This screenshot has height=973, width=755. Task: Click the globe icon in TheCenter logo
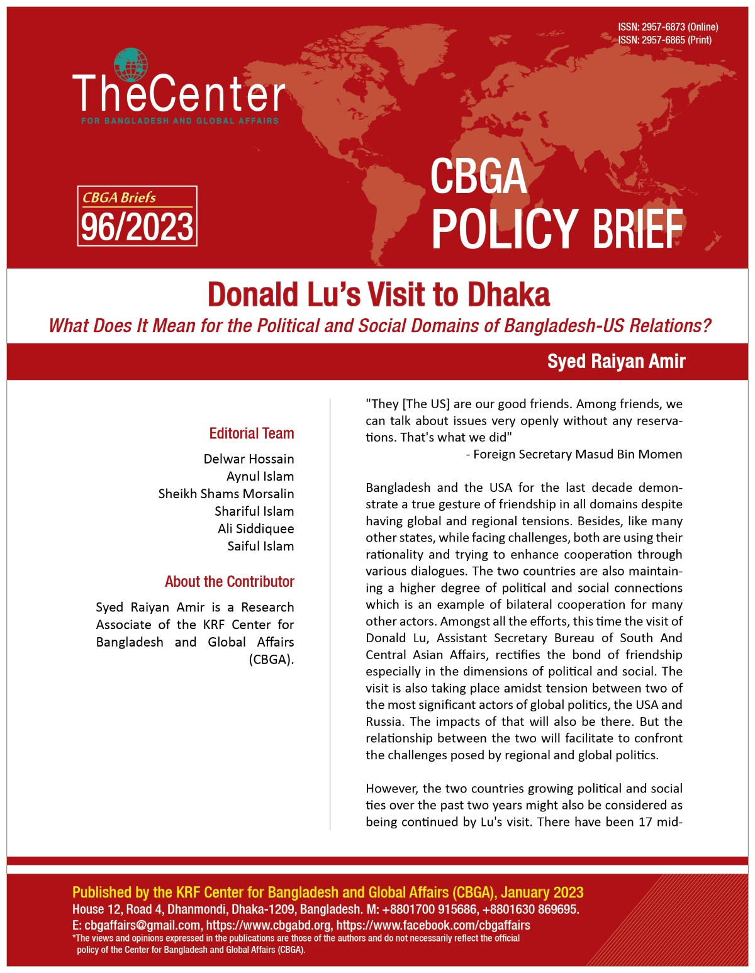[x=130, y=65]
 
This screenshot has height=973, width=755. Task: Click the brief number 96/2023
[x=137, y=227]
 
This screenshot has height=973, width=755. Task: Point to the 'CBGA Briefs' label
[x=119, y=197]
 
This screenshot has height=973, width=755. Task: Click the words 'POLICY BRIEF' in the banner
[x=557, y=229]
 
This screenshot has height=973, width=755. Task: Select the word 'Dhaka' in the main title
[x=508, y=294]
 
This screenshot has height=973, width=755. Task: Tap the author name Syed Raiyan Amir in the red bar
[x=616, y=361]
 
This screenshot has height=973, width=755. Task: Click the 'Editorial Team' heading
[x=252, y=433]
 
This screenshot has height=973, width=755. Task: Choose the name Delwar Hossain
[x=249, y=459]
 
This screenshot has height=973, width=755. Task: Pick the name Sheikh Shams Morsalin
[x=226, y=494]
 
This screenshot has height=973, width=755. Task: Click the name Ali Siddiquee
[x=255, y=528]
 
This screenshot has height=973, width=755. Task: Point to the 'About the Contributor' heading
[x=230, y=581]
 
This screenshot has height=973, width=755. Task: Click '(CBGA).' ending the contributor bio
[x=271, y=660]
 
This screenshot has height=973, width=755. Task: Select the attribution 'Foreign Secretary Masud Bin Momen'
[x=578, y=454]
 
